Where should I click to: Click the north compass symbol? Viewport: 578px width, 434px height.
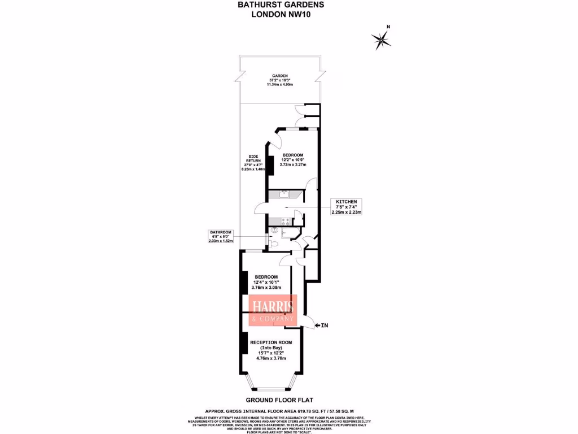click(x=382, y=39)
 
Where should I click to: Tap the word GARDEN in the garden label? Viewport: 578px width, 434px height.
click(x=281, y=76)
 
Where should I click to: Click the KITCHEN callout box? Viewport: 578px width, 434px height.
click(x=347, y=207)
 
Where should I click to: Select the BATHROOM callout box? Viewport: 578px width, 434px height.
click(x=221, y=236)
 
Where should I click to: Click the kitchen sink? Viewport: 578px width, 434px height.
click(x=284, y=195)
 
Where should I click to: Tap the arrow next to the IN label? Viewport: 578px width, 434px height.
click(x=317, y=325)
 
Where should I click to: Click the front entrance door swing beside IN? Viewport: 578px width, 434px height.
click(x=308, y=321)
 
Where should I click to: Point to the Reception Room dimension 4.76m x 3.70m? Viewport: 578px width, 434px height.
click(x=271, y=358)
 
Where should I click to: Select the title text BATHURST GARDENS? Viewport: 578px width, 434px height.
click(x=281, y=5)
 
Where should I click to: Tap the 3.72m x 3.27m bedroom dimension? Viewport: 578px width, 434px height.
click(x=293, y=164)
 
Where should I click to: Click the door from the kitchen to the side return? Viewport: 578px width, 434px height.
click(x=261, y=209)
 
